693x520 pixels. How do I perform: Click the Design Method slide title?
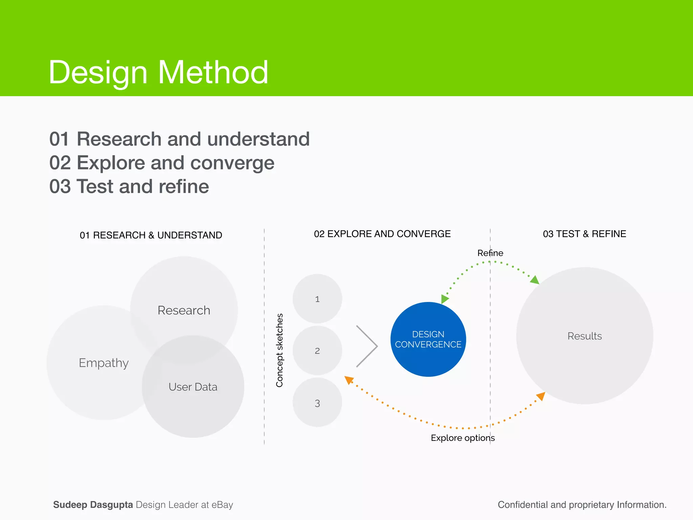tap(158, 72)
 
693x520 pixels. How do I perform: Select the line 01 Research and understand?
tap(179, 139)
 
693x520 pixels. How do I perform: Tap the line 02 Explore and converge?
tap(162, 163)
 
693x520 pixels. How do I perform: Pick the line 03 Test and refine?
tap(129, 187)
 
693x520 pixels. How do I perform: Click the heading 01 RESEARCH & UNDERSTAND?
tap(151, 235)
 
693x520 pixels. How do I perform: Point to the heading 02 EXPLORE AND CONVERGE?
tap(382, 234)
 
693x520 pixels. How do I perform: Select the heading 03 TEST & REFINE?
tap(584, 234)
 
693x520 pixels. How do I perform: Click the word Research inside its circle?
tap(184, 310)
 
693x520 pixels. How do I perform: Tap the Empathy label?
tap(104, 363)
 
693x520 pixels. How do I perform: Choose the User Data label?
tap(193, 387)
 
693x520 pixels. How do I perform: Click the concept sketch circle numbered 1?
tap(317, 299)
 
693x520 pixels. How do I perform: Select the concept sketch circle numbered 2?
tap(317, 351)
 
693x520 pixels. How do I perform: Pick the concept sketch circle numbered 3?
tap(317, 403)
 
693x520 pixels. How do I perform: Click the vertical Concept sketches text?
tap(279, 350)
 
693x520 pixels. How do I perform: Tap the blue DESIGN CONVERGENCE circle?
tap(428, 339)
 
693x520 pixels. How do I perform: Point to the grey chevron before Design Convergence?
tap(367, 346)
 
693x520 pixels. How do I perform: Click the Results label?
tap(584, 336)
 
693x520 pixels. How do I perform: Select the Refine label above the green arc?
tap(490, 253)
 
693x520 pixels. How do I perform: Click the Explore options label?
tap(463, 438)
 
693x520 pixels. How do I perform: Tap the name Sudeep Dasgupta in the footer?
tap(93, 505)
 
